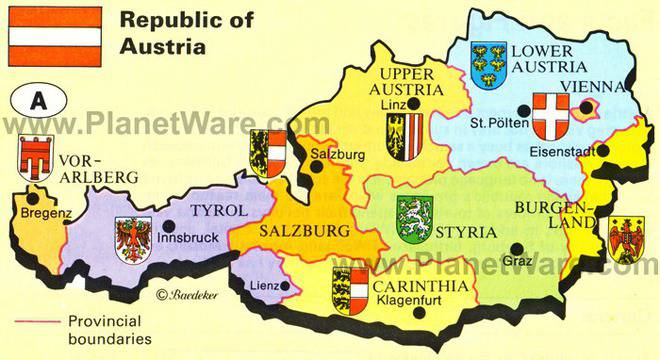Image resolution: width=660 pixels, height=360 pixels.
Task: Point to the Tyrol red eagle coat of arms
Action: click(x=133, y=240)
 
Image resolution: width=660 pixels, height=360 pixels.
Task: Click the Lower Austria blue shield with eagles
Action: click(x=487, y=64)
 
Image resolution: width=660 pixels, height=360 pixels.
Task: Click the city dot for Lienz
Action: click(x=284, y=287)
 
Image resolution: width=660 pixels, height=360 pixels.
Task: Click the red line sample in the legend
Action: click(x=36, y=322)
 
